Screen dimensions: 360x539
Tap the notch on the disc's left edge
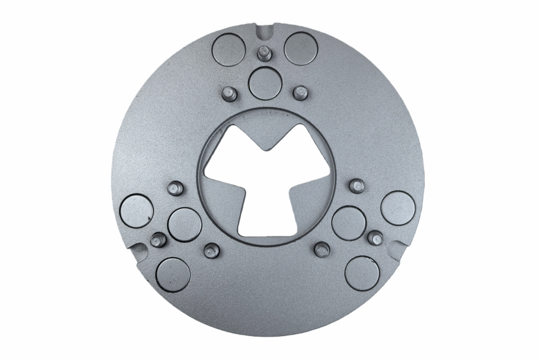[x=137, y=250]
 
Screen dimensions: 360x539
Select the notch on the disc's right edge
[x=396, y=248]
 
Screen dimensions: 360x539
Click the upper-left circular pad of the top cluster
[x=228, y=49]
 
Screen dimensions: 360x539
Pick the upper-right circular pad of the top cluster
[x=301, y=49]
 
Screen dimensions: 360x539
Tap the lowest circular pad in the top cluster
[x=265, y=82]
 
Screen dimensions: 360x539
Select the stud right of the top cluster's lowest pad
[x=300, y=91]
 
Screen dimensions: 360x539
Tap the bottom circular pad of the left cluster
[x=173, y=274]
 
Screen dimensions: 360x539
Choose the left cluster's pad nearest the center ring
[x=185, y=224]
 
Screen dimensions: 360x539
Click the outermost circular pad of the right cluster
[x=398, y=208]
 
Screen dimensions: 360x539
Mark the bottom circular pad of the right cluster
[x=362, y=272]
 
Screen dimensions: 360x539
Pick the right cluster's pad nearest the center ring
[x=348, y=223]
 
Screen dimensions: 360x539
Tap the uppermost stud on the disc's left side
[x=175, y=187]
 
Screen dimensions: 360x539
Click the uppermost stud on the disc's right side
[x=357, y=185]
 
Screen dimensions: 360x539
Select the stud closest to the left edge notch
[x=157, y=240]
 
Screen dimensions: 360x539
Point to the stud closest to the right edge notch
[x=375, y=237]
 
